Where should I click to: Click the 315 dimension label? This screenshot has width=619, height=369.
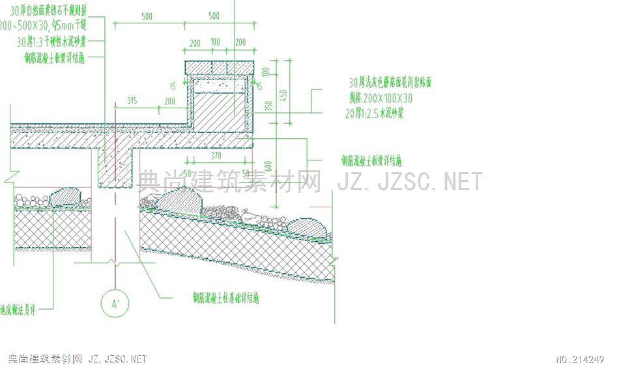[x=132, y=101]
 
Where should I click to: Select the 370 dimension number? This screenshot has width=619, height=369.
[x=217, y=156]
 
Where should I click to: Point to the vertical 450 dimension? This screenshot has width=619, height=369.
[x=283, y=95]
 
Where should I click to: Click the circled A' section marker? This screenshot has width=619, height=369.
[x=115, y=303]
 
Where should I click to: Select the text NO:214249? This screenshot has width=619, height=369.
[x=580, y=359]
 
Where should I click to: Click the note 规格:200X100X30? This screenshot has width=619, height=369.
[x=381, y=98]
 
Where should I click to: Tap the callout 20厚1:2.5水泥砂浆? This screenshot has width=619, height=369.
[x=375, y=113]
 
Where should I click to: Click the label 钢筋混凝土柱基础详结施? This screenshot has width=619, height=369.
[x=225, y=299]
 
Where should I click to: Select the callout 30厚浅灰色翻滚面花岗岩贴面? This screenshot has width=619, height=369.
[x=390, y=83]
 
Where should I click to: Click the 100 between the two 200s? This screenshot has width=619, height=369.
[x=215, y=42]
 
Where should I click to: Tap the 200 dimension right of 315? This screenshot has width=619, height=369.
[x=170, y=101]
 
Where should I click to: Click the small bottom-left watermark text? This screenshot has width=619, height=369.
[x=77, y=359]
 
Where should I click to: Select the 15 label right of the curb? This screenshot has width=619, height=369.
[x=259, y=86]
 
